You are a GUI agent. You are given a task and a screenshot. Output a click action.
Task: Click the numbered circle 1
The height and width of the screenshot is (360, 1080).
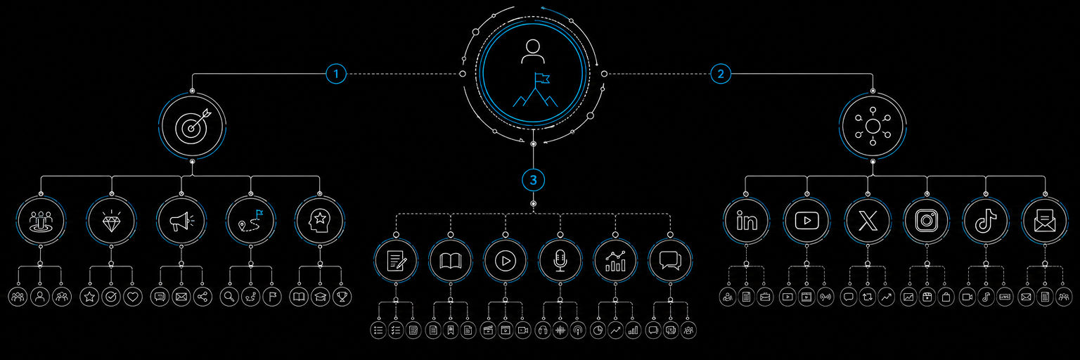tap(336, 74)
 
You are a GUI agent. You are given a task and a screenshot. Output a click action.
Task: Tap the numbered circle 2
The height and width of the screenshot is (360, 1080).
tap(721, 74)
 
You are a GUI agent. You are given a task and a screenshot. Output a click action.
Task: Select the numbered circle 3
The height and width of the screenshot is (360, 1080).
tap(533, 180)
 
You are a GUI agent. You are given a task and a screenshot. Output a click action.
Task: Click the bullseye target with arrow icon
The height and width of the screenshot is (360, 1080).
tap(193, 127)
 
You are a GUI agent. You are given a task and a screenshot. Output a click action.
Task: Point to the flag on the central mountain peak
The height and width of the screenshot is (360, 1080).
tap(542, 78)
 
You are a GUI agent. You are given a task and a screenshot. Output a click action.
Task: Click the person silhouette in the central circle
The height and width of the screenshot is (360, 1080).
tap(533, 51)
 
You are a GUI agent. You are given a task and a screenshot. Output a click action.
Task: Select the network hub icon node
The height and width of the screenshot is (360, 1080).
tap(873, 127)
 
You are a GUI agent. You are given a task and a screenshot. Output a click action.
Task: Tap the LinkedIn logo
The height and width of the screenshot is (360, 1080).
tap(746, 221)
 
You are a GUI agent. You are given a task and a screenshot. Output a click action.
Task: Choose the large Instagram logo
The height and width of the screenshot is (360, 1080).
tap(926, 221)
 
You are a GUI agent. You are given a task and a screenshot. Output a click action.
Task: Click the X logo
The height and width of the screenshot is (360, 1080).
tap(868, 221)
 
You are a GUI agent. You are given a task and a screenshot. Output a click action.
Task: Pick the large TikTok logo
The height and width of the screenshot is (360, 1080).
tap(986, 221)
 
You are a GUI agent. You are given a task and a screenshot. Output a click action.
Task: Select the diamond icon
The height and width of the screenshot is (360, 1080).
tap(111, 221)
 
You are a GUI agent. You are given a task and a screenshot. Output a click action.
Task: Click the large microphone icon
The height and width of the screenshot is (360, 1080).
tap(560, 261)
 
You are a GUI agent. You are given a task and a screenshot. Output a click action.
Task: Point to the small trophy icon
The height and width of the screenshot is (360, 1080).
tap(342, 297)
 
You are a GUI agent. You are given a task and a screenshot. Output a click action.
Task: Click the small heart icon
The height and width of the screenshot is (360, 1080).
tap(133, 297)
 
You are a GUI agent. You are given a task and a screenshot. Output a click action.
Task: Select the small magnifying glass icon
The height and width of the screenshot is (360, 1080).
tap(229, 297)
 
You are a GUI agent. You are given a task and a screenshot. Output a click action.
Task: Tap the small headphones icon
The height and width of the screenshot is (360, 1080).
tap(543, 330)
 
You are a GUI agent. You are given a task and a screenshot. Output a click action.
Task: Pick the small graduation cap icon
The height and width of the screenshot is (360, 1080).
tap(321, 297)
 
